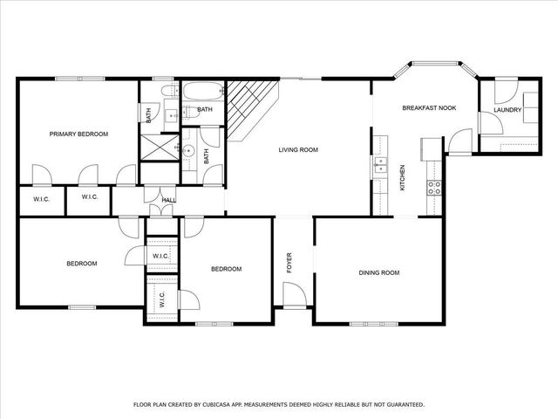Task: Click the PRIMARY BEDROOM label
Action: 78,134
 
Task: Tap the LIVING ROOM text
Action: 298,150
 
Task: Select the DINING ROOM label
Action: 379,273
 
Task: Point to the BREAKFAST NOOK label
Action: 429,108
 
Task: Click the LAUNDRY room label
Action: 507,110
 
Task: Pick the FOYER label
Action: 289,262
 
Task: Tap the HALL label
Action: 169,201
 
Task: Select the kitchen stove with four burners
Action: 433,186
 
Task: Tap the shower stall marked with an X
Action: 160,148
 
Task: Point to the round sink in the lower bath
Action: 187,151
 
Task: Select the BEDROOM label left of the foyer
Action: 226,269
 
